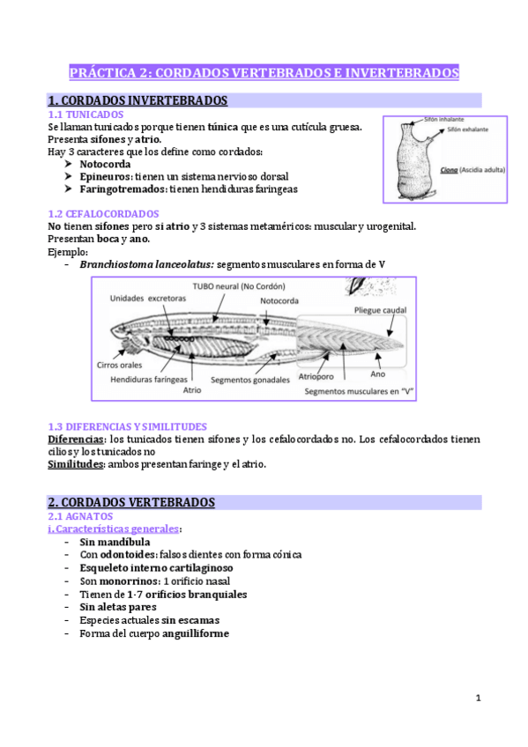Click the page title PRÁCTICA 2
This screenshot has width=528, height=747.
click(x=264, y=72)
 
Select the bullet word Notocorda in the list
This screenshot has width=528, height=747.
click(x=105, y=164)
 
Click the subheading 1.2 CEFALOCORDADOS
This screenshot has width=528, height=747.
click(x=103, y=213)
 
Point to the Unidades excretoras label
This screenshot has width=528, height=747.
click(x=149, y=298)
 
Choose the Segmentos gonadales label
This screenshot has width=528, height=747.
click(x=250, y=380)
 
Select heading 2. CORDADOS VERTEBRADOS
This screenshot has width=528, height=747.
click(x=131, y=501)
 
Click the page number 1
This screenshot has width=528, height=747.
click(x=477, y=698)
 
